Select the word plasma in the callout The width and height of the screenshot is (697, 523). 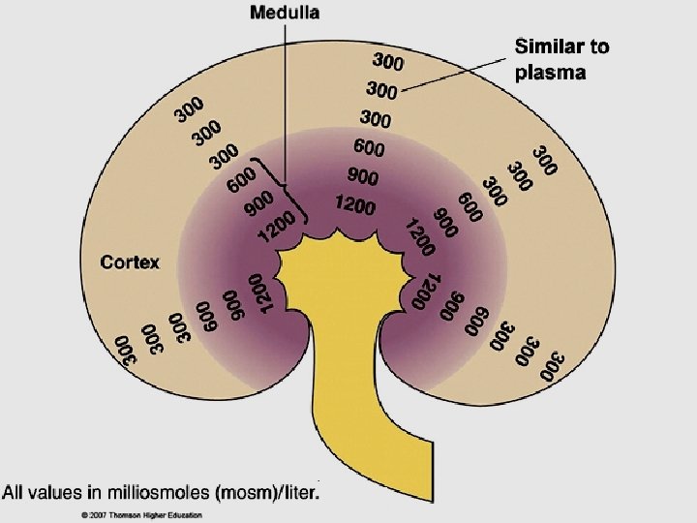click(x=549, y=74)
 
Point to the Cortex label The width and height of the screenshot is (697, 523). click(x=131, y=261)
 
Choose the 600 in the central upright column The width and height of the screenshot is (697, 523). click(x=368, y=148)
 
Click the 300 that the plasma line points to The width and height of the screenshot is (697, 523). click(x=382, y=90)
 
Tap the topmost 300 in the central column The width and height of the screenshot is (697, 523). click(x=387, y=63)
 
